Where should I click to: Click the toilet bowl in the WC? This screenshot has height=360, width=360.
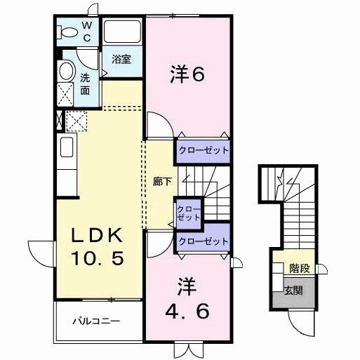click(68, 32)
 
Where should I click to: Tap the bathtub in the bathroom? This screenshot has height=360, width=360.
click(122, 32)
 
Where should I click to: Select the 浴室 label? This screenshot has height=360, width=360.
click(121, 59)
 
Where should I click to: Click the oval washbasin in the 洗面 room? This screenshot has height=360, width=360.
click(67, 71)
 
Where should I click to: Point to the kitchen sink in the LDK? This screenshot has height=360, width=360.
click(67, 147)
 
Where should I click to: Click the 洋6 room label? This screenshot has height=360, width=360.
click(187, 74)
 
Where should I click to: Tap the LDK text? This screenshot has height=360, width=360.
click(98, 235)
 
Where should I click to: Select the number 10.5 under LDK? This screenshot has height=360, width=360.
click(98, 258)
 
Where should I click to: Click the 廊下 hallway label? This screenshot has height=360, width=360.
click(162, 182)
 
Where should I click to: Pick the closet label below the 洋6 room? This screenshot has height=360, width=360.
click(204, 150)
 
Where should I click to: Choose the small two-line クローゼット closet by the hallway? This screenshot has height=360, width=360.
click(189, 213)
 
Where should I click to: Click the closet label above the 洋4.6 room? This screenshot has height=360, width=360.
click(204, 241)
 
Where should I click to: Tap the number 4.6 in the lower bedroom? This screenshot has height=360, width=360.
click(187, 311)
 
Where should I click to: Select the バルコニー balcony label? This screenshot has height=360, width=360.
click(96, 321)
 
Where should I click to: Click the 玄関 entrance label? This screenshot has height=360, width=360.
click(293, 291)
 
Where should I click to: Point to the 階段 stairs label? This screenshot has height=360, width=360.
click(300, 268)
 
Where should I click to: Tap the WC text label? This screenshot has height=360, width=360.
click(87, 31)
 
